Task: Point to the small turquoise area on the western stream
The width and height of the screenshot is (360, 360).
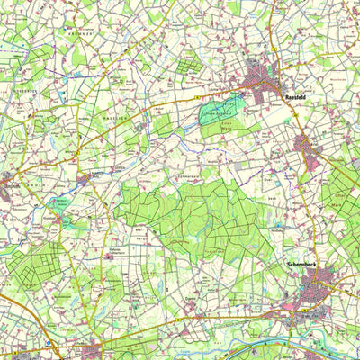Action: (x=56, y=203)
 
